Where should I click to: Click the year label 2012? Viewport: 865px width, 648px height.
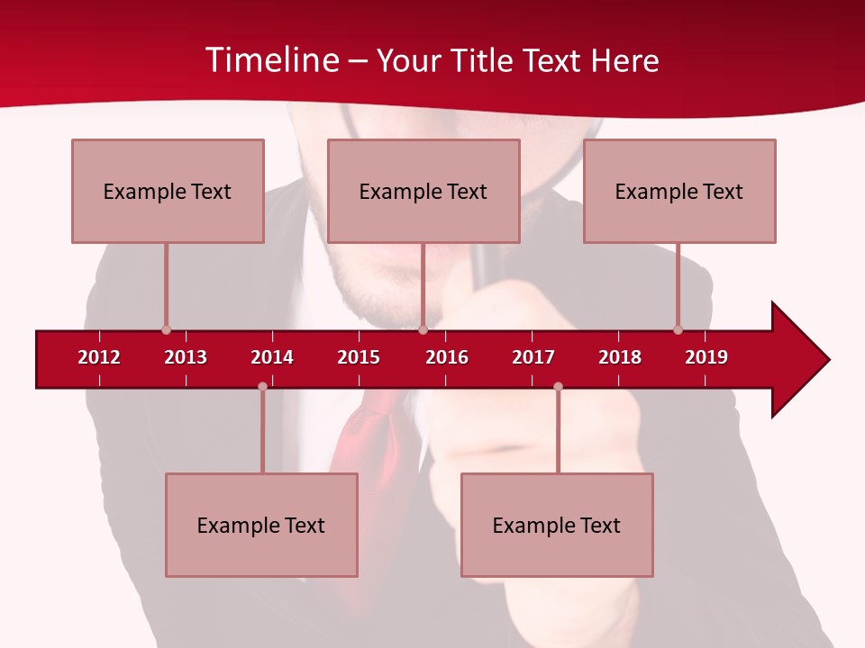pos(99,357)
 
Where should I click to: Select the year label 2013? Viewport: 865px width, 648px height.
pos(186,357)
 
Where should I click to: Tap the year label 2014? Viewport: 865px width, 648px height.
pos(272,357)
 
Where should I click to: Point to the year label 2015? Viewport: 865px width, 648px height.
pos(359,357)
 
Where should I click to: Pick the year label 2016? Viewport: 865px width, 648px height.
pos(447,357)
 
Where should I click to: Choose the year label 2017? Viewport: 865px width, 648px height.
pos(533,357)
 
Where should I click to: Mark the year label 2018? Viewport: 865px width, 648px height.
pos(620,357)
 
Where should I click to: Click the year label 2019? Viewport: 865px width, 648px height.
pos(706,357)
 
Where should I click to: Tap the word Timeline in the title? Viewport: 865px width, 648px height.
pos(271,60)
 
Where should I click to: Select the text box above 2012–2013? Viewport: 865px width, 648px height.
pos(168,191)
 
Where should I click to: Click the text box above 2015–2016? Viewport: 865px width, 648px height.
pos(423,191)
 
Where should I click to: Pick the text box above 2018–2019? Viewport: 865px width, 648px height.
pos(679,191)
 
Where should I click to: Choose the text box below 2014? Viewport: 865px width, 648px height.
pos(261,525)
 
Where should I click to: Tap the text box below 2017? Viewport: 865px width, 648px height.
pos(557,525)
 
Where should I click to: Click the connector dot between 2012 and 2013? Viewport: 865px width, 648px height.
pos(166,330)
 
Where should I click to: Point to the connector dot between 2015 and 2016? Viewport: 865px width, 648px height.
pos(423,330)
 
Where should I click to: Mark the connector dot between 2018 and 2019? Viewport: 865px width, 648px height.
pos(678,330)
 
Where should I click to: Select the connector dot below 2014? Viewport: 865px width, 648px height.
pos(262,387)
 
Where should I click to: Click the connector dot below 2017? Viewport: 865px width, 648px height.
pos(558,387)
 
